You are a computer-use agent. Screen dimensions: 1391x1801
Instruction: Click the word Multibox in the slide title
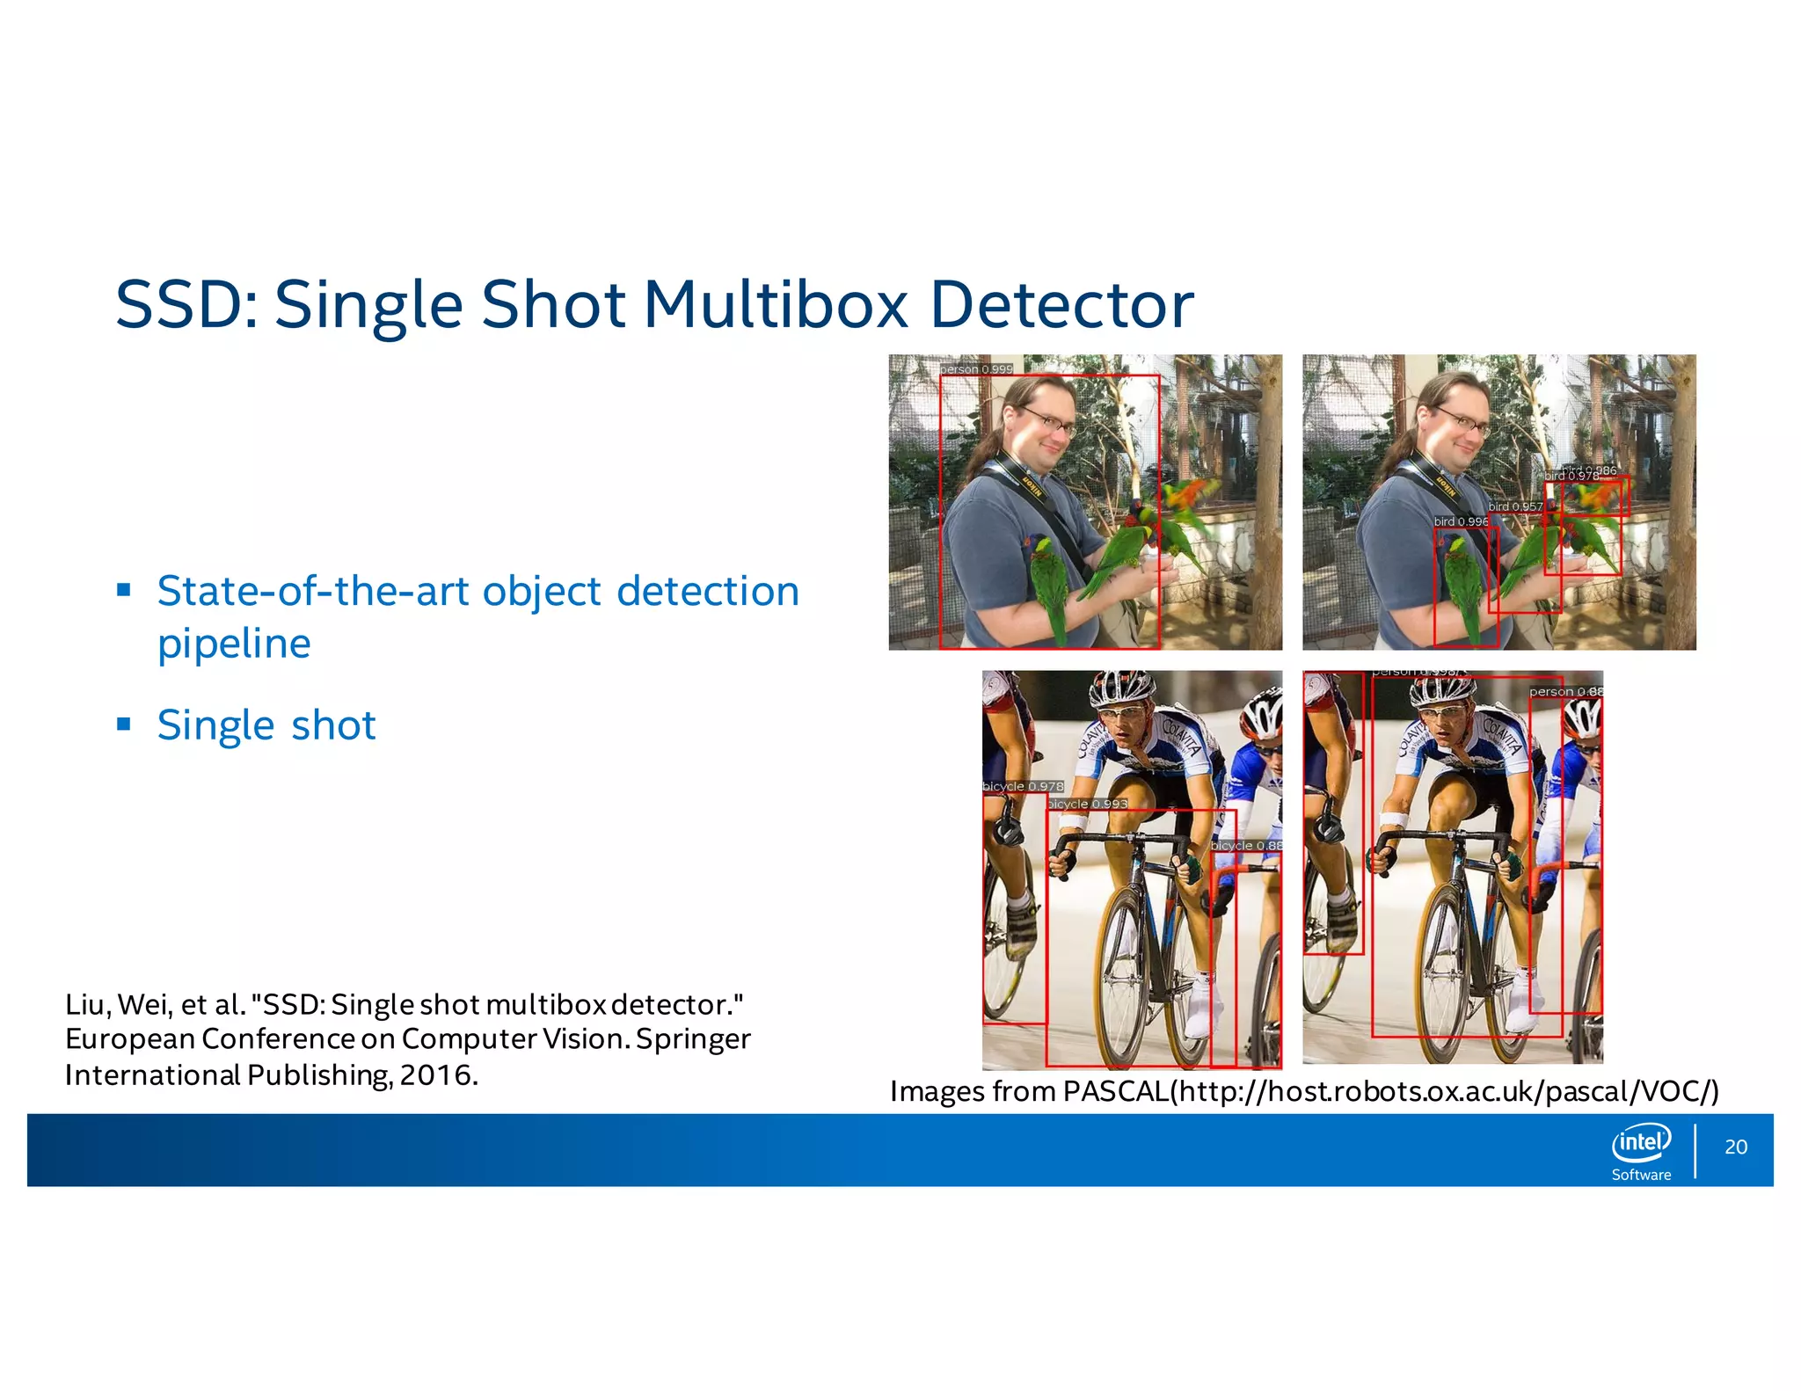776,305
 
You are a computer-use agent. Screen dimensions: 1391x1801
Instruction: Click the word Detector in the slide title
1061,305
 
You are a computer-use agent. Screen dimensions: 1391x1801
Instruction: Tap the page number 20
1735,1147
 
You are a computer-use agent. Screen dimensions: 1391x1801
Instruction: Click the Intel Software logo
1641,1151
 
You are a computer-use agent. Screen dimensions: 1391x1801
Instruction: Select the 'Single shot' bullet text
266,725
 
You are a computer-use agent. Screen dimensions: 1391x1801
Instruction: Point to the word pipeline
234,644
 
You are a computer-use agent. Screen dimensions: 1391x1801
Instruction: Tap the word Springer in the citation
693,1038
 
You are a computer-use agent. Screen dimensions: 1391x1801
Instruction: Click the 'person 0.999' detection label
976,369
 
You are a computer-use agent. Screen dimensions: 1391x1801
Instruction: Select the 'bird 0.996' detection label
1461,521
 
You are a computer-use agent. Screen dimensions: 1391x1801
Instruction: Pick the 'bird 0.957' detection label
1515,506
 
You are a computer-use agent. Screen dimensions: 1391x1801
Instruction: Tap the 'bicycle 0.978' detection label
1023,786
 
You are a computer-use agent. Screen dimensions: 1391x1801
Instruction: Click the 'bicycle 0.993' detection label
1088,804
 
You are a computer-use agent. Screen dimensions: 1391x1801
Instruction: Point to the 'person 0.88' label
1565,692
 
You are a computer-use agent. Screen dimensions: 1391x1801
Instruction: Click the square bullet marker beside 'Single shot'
124,725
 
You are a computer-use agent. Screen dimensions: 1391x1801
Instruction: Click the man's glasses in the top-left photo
1049,420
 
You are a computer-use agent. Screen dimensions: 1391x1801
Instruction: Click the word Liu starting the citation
86,1004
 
